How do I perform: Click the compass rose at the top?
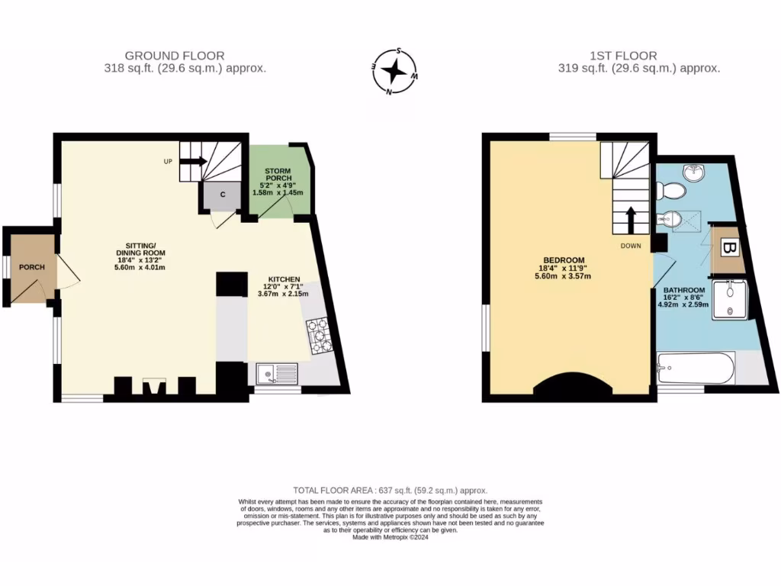[x=394, y=72]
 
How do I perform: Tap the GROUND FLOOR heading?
[x=175, y=56]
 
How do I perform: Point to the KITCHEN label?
[x=284, y=279]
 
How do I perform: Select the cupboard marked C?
[x=223, y=195]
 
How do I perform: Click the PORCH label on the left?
[x=31, y=267]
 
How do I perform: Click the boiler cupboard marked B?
[x=728, y=249]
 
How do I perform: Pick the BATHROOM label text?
[x=683, y=290]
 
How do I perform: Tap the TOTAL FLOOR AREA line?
[x=390, y=490]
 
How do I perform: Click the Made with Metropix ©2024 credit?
[x=390, y=537]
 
